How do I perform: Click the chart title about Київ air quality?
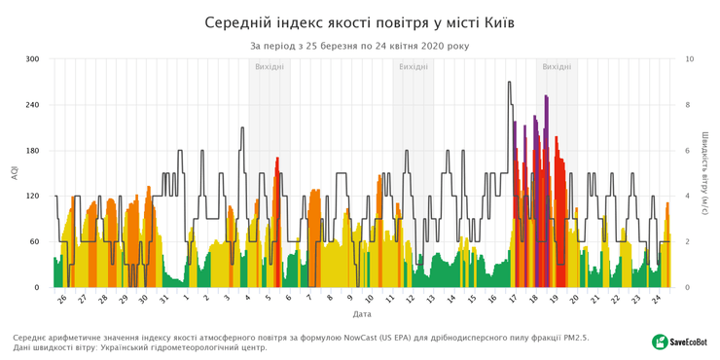(360, 21)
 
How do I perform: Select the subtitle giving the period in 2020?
(360, 46)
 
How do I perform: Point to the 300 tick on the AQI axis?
(32, 59)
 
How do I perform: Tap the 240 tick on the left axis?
(32, 105)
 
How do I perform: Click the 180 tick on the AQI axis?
(32, 151)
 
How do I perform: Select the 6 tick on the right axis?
(689, 151)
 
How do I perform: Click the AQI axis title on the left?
(14, 173)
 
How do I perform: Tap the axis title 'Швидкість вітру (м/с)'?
(703, 173)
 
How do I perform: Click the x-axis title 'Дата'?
(362, 314)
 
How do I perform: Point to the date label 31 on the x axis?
(165, 300)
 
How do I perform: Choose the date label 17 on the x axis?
(513, 300)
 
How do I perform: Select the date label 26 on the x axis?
(62, 300)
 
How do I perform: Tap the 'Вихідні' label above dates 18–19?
(557, 67)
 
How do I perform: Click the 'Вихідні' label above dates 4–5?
(270, 67)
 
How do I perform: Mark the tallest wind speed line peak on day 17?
(510, 83)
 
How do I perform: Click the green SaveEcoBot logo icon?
(660, 342)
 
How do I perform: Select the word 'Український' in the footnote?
(155, 347)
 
